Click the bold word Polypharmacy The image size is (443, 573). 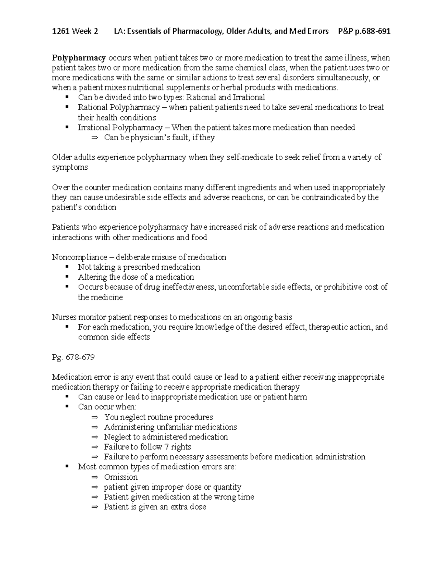(79, 58)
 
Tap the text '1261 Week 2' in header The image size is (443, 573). (75, 31)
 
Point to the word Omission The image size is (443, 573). (121, 477)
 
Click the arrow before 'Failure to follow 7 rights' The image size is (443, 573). (95, 447)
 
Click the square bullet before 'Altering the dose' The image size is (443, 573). (67, 277)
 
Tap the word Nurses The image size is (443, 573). (63, 317)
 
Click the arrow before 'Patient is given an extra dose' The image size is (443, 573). (95, 507)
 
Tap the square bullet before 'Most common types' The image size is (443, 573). (67, 466)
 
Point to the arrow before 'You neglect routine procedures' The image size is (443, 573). (95, 417)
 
